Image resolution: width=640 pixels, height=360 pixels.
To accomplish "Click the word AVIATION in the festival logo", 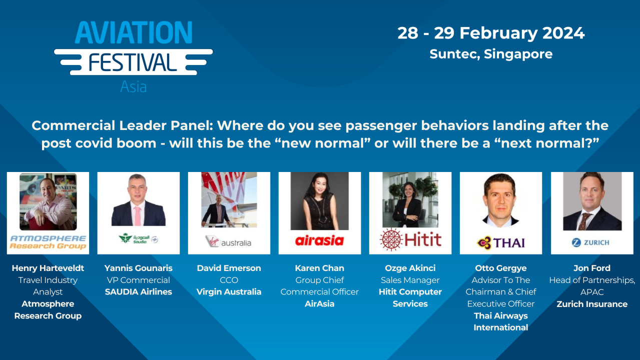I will [x=133, y=32].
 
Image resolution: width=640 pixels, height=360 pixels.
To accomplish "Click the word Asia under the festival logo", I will [x=133, y=86].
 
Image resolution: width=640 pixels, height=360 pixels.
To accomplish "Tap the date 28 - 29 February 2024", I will [x=491, y=33].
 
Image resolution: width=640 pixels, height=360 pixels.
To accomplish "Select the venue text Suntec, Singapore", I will [x=491, y=54].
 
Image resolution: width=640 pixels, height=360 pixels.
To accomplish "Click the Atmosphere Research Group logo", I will [x=48, y=242].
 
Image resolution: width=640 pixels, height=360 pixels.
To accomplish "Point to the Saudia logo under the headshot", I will [x=138, y=239].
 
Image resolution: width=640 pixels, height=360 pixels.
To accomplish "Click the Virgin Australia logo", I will [x=229, y=242].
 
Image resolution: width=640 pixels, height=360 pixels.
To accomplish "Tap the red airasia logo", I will [x=319, y=241].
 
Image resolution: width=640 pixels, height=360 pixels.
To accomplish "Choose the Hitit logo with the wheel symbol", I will [x=410, y=239].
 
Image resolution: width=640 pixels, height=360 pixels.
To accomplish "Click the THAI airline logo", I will [x=501, y=243].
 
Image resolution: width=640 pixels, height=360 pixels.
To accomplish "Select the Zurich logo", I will [x=590, y=242].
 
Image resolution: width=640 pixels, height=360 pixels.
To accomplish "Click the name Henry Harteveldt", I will [x=48, y=268].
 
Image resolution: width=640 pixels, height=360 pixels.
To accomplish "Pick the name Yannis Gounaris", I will [x=138, y=268].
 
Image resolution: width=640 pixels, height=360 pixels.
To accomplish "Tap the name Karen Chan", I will [x=319, y=268].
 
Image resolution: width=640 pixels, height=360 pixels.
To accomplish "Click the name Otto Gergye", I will [x=501, y=268].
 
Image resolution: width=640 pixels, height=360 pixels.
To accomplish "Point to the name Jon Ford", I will [x=591, y=268].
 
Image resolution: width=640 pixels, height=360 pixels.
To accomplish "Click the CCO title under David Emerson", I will [x=229, y=280].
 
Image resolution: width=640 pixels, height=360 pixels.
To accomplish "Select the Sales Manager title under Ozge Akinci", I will [x=410, y=280].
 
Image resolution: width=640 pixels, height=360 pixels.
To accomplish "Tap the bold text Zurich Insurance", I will [x=591, y=304].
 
